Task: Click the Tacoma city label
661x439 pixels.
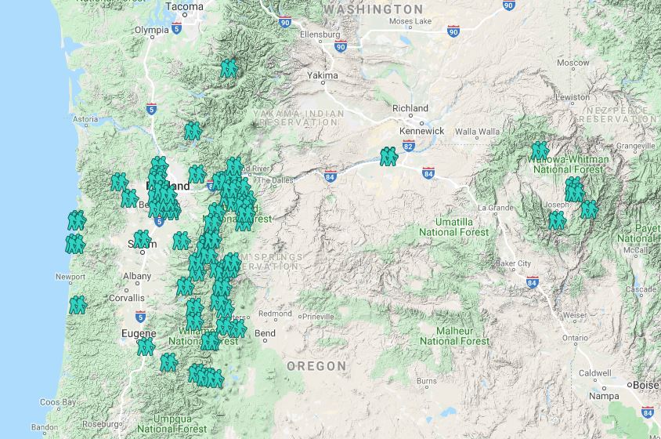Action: click(x=185, y=6)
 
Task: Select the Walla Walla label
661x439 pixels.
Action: click(x=477, y=132)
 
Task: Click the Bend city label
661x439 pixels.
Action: click(x=265, y=334)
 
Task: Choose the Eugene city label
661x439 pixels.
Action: click(x=139, y=334)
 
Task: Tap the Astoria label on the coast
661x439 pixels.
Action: click(x=85, y=120)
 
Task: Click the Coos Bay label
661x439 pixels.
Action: click(x=59, y=402)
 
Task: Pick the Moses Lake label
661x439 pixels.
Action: click(x=410, y=21)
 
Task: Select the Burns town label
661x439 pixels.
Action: click(x=427, y=382)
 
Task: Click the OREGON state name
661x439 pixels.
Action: click(x=316, y=366)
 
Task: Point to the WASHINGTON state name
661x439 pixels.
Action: click(x=373, y=9)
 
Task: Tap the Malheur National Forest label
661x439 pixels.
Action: click(x=455, y=336)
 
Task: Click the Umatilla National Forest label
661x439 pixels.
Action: click(x=454, y=227)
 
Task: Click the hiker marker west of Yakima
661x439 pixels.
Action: click(x=229, y=69)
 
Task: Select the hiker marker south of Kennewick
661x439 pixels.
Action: click(x=388, y=157)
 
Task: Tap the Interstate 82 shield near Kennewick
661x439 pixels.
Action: click(x=408, y=146)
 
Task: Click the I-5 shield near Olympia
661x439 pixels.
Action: click(x=177, y=29)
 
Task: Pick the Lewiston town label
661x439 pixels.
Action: click(x=572, y=97)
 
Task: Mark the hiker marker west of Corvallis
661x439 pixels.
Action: click(x=77, y=304)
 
